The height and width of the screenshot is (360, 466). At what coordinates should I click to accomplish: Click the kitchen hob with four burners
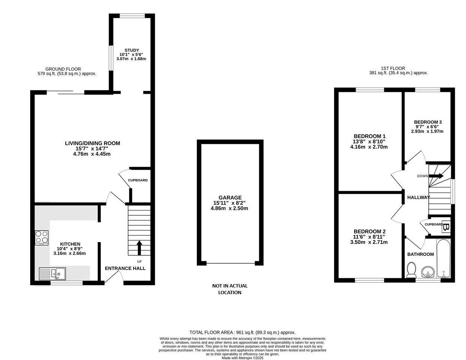42,238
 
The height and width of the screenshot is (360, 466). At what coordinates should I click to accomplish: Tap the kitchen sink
52,274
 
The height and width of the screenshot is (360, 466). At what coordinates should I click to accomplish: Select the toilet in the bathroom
411,270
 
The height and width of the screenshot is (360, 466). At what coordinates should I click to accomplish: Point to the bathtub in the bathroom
443,258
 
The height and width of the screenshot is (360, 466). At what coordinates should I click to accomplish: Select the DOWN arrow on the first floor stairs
436,176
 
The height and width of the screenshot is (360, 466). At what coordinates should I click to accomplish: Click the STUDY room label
132,50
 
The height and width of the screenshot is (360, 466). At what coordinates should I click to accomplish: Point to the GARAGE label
230,197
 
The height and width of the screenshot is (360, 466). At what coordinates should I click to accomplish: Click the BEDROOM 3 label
428,122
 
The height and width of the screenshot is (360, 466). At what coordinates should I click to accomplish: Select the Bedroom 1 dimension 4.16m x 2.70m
369,147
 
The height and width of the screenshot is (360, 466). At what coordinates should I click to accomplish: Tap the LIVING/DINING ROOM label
93,143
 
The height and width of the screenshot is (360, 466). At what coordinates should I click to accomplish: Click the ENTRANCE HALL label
125,268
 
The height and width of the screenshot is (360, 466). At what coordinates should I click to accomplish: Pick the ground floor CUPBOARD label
138,180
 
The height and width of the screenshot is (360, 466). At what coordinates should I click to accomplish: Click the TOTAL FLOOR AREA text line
242,332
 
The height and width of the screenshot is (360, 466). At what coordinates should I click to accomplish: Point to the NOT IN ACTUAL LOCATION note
230,289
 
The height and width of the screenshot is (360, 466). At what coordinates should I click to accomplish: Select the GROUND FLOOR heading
63,69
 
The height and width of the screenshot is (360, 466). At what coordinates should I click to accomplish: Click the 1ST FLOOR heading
393,68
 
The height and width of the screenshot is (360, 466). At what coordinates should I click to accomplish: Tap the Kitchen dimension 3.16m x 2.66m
70,253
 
